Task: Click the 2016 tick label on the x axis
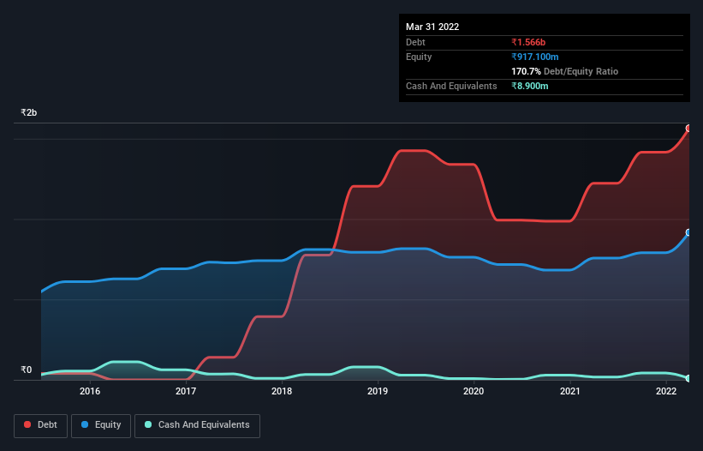90,391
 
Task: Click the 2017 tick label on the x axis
186,391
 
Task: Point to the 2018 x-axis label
282,391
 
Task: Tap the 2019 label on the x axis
378,391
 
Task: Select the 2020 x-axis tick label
474,391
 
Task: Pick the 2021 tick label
570,391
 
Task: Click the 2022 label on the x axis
666,391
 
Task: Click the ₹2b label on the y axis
29,113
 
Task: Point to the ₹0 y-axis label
26,370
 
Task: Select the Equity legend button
101,425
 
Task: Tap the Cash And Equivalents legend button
197,425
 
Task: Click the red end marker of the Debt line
688,129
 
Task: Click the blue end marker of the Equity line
688,232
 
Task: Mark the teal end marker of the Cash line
688,378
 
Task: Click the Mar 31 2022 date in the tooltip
432,27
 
